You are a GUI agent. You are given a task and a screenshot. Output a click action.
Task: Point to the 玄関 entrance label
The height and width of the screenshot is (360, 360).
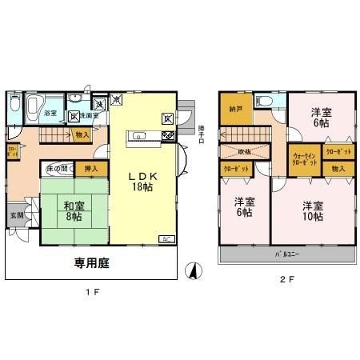pyautogui.click(x=16, y=215)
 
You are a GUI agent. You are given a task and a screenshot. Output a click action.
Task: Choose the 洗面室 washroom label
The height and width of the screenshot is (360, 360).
pyautogui.click(x=89, y=114)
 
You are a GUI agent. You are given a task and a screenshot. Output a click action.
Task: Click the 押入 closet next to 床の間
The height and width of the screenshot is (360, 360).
pyautogui.click(x=90, y=168)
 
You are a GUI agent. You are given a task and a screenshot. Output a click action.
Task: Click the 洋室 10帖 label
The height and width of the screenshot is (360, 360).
pyautogui.click(x=313, y=210)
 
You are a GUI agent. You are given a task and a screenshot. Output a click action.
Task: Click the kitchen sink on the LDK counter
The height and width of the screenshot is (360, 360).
pyautogui.click(x=138, y=136)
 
